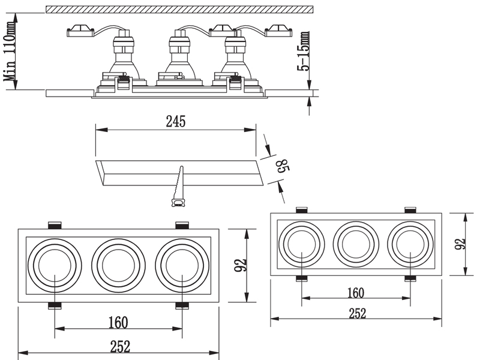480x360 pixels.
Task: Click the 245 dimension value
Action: (176, 121)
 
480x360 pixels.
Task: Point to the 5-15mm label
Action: (305, 52)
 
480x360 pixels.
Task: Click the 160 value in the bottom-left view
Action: (118, 323)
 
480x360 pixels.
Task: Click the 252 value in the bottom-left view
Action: (118, 346)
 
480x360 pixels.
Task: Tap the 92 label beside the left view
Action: (240, 265)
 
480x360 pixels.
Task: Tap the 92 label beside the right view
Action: (460, 244)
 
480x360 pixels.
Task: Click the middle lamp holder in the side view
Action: (179, 57)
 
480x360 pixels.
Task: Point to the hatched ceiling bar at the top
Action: (179, 9)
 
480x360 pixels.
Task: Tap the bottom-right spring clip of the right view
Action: (410, 278)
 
